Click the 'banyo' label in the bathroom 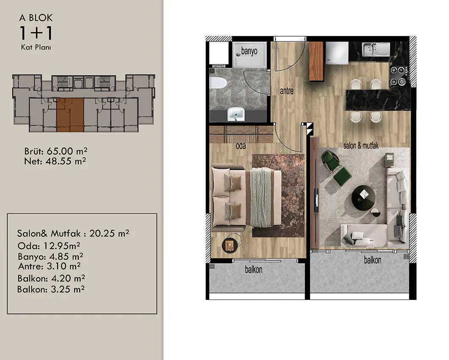coord(249,51)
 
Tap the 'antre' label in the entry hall coord(286,91)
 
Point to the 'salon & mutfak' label coord(361,146)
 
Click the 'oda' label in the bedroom coord(241,146)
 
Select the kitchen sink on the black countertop coord(376,49)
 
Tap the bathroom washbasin coord(236,114)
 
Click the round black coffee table coord(363,198)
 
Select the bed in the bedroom coord(246,197)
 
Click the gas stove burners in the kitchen coord(399,76)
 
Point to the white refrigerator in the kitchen coord(336,53)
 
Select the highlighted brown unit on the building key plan coord(70,115)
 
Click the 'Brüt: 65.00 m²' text coord(56,151)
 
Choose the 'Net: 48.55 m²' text coord(55,161)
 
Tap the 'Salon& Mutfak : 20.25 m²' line coord(73,233)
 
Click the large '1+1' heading coord(36,33)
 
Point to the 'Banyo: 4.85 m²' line coord(50,256)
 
